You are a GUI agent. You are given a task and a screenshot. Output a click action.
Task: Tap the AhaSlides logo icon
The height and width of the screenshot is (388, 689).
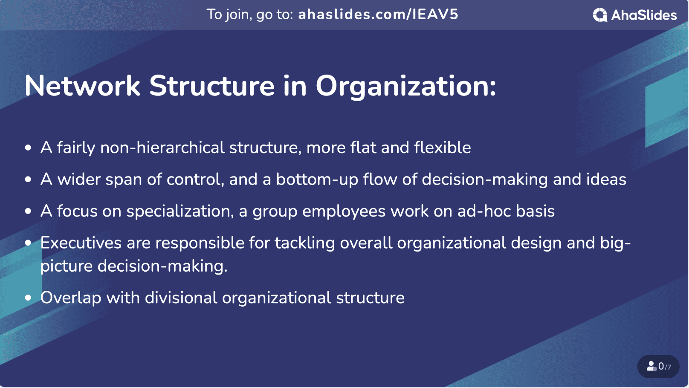(599, 15)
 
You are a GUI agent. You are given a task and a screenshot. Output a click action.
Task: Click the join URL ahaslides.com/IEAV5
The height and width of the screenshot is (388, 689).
(378, 14)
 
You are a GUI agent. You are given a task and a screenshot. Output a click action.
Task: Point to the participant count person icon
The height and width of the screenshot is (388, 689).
(652, 366)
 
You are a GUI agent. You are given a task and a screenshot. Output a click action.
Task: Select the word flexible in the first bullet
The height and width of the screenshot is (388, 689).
(442, 148)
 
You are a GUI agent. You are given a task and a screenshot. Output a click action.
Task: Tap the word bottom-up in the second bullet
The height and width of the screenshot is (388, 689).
(317, 180)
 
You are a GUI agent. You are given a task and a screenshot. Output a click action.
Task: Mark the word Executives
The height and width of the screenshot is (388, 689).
(81, 243)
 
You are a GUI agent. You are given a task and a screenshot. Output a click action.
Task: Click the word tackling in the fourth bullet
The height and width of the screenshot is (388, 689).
(304, 243)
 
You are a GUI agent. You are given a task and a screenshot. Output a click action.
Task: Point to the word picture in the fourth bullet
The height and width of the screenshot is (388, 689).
(67, 266)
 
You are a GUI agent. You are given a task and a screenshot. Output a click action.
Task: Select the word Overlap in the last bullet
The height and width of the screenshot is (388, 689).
(71, 298)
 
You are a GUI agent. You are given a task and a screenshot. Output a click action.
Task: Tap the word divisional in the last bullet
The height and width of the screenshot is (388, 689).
(181, 298)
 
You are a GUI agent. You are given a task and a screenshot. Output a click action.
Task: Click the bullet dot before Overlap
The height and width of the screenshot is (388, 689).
(28, 298)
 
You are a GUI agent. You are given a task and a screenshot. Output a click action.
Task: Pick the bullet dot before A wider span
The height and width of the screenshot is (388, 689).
(28, 180)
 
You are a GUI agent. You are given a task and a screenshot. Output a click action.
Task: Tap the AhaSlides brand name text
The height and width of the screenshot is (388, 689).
(644, 15)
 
